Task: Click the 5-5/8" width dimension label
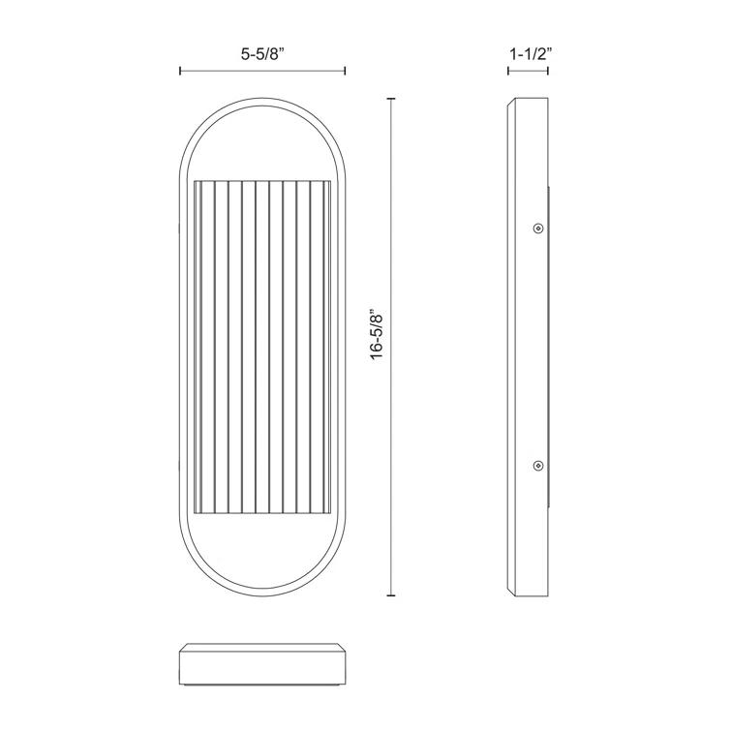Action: [x=262, y=55]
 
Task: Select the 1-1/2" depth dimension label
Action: [x=529, y=55]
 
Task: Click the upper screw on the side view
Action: [x=538, y=228]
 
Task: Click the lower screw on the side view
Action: [x=538, y=467]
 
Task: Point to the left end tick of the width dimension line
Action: [x=180, y=71]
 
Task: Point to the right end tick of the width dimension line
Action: [x=345, y=71]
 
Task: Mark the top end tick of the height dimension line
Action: [x=391, y=99]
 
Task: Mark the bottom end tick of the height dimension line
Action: [x=391, y=595]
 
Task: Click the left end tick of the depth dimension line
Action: [x=510, y=71]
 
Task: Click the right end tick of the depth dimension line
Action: [x=549, y=71]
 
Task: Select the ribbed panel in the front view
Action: [x=262, y=349]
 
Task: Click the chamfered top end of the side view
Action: [x=529, y=103]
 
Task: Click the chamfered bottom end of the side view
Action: [x=529, y=592]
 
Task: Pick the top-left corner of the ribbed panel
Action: [x=195, y=181]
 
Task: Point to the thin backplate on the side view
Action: [x=551, y=349]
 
